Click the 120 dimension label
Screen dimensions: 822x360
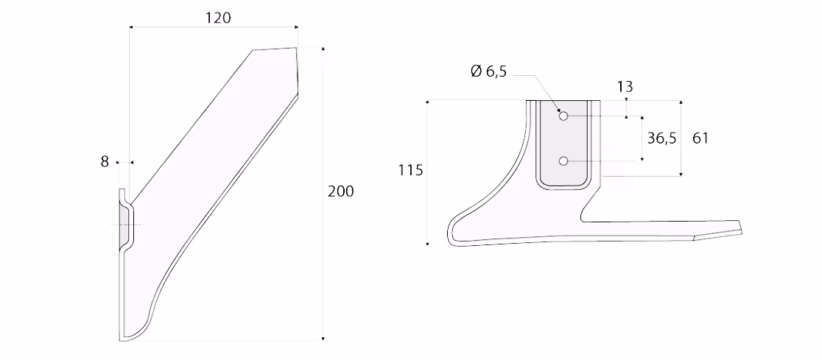[x=217, y=18]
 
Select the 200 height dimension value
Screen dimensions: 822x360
[x=341, y=191]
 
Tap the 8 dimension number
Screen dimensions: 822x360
[x=105, y=162]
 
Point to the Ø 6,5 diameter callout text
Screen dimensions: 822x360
[x=488, y=71]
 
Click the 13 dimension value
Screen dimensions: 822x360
[x=625, y=86]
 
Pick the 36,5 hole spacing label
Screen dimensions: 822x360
[x=661, y=138]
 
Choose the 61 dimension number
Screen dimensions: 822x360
[x=700, y=138]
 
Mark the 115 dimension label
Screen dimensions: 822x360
[x=410, y=170]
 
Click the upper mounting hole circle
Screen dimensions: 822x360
[x=563, y=116]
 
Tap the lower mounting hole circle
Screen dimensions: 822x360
[x=563, y=161]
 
